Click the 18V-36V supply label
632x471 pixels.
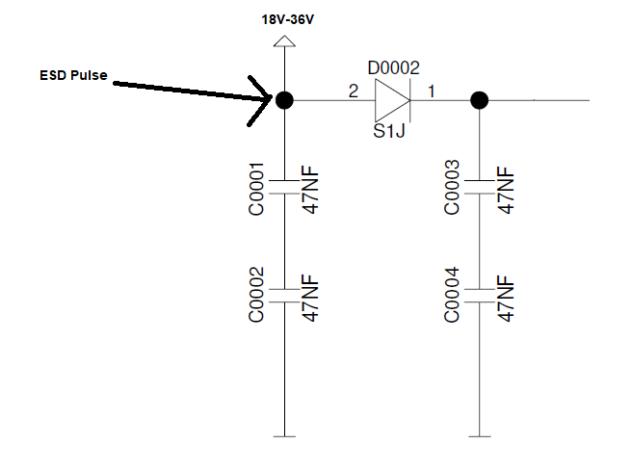[287, 19]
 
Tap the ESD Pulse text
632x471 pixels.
[73, 75]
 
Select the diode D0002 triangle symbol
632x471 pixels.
[392, 100]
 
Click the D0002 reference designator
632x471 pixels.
[393, 67]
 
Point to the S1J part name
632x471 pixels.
[389, 131]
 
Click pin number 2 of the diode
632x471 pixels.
[354, 92]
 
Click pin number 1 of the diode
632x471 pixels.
[432, 92]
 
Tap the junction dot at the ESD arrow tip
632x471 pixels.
[284, 100]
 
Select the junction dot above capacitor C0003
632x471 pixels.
[480, 100]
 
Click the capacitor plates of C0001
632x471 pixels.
[284, 187]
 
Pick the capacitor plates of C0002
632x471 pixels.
[284, 296]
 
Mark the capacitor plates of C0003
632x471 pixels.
[480, 187]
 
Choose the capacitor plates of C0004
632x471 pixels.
[480, 296]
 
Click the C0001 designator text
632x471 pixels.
[256, 189]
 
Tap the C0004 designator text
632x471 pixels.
[452, 295]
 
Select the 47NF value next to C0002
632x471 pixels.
[311, 298]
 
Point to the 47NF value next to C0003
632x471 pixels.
[506, 190]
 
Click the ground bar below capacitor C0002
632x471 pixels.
[284, 436]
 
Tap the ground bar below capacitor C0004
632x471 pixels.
[480, 436]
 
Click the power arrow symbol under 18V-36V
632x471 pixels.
[284, 41]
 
